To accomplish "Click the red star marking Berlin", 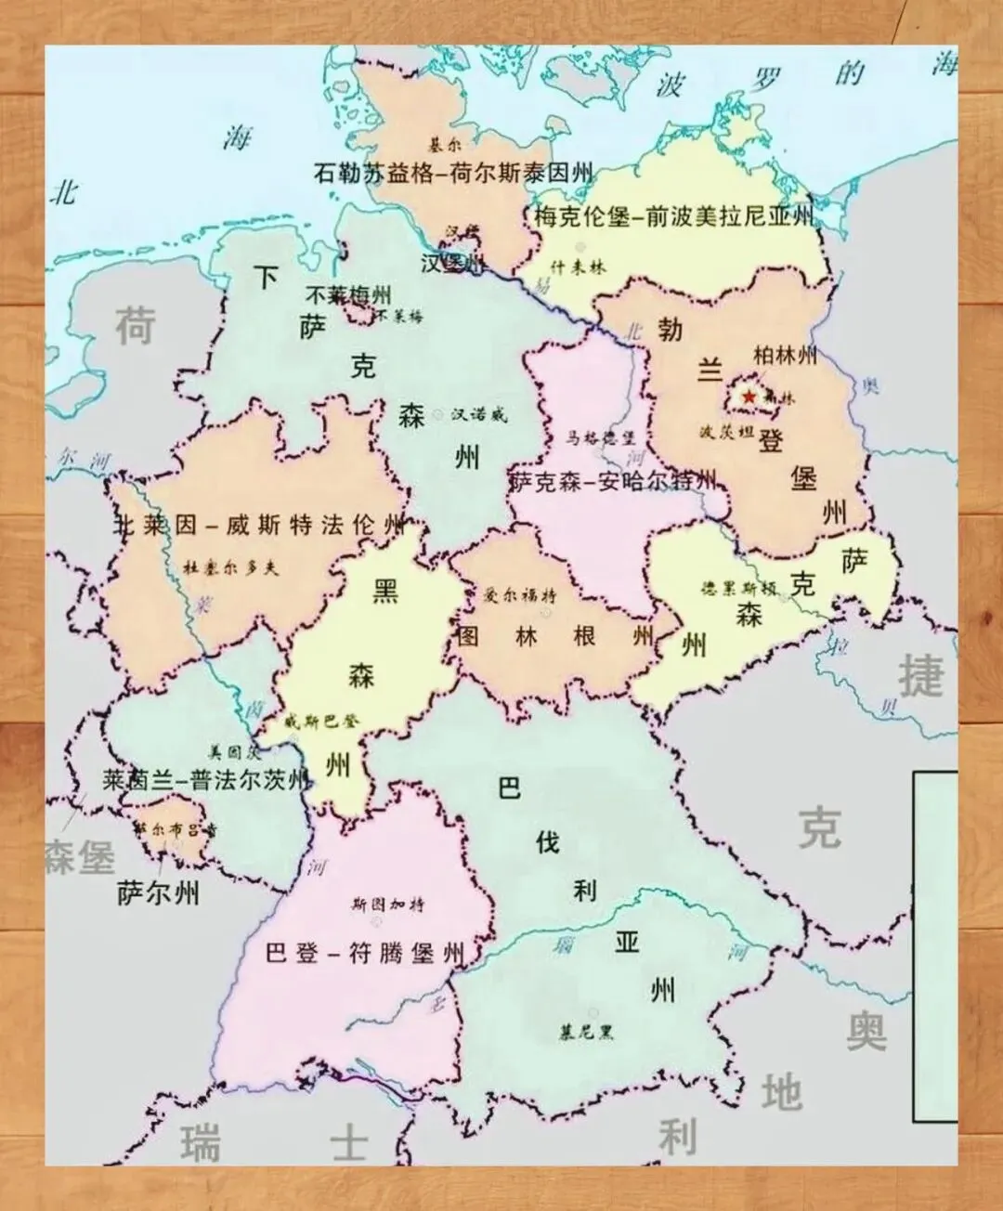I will coord(749,397).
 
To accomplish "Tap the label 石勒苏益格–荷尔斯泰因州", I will coord(453,173).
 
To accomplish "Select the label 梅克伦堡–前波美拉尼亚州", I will coord(673,217).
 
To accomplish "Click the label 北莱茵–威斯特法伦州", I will coord(259,526).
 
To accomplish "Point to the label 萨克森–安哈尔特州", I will coord(614,481).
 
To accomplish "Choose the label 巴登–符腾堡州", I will coord(364,953).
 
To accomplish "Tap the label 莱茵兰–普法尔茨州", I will coord(203,780).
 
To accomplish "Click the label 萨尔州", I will coord(158,893).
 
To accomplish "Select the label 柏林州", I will coord(785,356).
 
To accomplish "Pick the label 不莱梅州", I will coord(348,295).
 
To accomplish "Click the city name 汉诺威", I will coord(479,415).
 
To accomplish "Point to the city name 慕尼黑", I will coord(586,1032).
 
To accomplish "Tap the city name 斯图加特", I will coord(387,904).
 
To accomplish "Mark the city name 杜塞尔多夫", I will coord(230,567).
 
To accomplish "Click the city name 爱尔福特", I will coord(521,594).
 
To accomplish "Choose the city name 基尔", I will coord(443,146).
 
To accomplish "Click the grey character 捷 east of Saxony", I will coord(920,675).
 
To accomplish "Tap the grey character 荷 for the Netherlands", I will coord(136,327).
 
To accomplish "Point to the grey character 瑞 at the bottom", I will coord(201,1142).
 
